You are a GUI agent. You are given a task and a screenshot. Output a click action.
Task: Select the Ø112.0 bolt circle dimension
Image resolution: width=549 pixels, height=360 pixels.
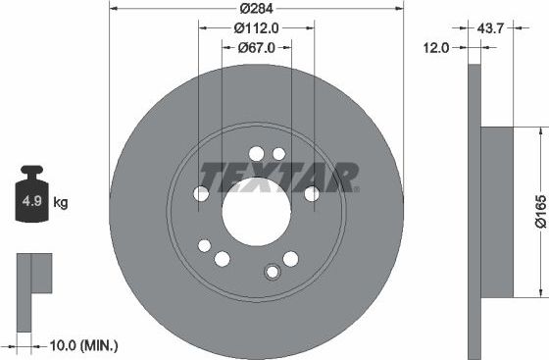(257, 28)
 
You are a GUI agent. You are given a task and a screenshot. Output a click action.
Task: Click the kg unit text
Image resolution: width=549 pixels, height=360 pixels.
(60, 203)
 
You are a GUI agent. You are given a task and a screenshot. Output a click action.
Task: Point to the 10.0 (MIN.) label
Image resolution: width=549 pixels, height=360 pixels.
(83, 344)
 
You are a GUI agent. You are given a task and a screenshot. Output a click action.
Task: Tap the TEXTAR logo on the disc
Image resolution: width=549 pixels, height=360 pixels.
(278, 179)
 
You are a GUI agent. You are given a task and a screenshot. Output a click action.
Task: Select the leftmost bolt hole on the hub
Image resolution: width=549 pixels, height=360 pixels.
(201, 194)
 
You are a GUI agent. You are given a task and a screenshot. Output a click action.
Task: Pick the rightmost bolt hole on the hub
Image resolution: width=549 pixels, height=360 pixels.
(311, 194)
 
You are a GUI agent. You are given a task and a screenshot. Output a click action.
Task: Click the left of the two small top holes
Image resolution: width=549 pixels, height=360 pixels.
(257, 153)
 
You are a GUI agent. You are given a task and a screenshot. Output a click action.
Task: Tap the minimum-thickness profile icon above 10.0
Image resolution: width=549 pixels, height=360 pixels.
(34, 280)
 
